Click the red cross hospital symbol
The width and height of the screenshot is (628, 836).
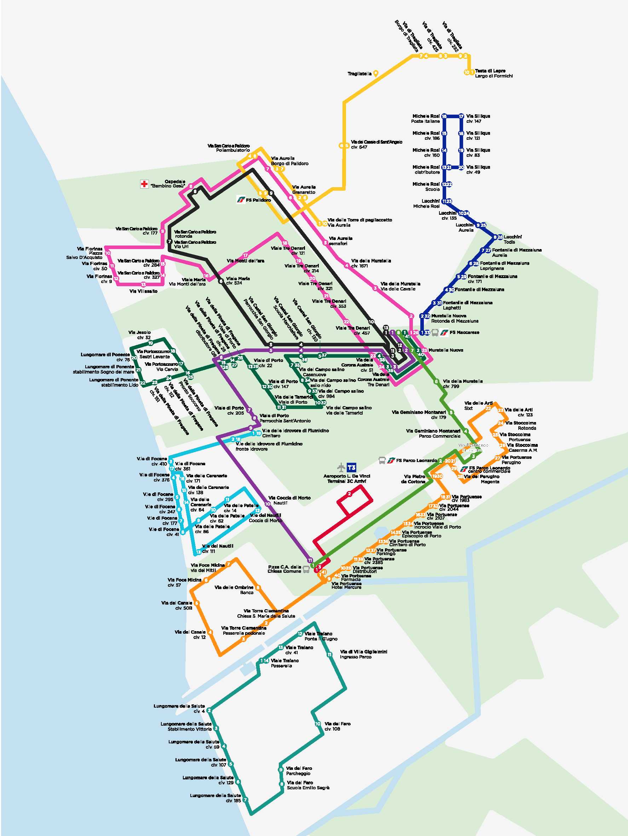point(144,184)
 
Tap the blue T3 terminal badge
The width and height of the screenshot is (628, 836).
point(351,467)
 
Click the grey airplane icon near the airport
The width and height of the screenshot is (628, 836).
point(341,467)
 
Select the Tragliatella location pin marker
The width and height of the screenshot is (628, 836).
point(376,74)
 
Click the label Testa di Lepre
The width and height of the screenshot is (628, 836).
point(490,71)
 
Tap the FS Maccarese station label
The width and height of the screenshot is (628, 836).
point(465,333)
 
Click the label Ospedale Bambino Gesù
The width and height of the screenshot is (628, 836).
point(168,184)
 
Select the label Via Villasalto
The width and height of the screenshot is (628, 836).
point(143,291)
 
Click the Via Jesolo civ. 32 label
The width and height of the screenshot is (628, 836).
point(139,335)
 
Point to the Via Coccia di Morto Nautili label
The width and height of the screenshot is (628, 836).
point(289,500)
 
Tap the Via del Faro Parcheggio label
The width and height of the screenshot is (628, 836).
point(299,771)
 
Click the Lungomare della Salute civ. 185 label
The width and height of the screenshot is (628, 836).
point(215,798)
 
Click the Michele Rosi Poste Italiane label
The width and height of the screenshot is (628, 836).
point(426,119)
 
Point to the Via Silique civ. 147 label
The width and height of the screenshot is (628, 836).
point(478,119)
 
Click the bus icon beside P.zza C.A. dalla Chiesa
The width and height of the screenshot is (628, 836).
point(306,570)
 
